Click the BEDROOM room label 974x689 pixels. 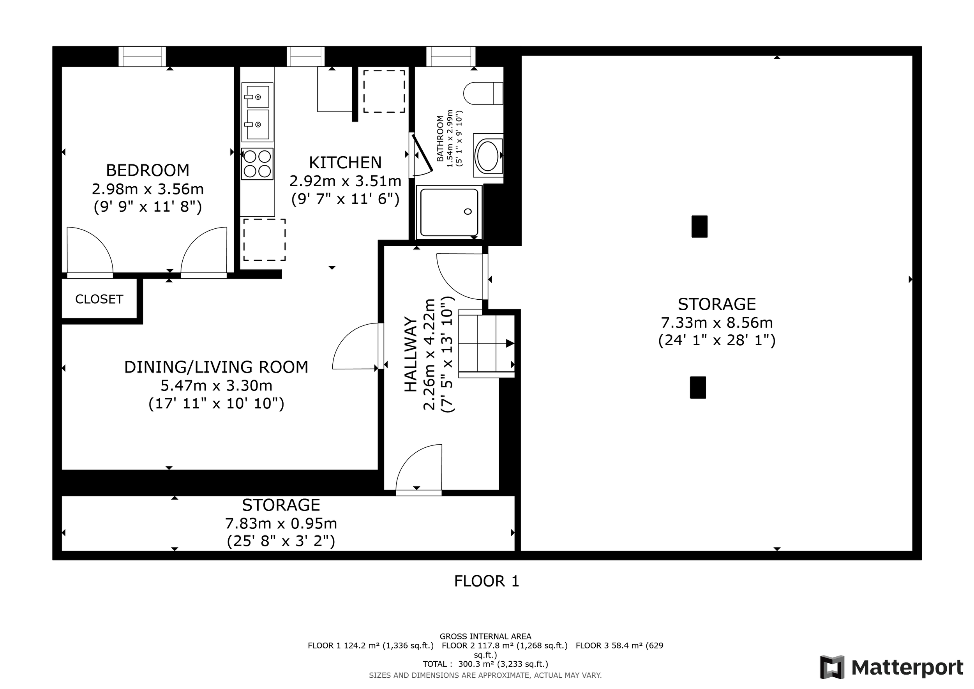pyautogui.click(x=148, y=170)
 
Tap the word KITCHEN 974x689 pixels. pyautogui.click(x=345, y=163)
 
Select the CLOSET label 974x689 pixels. pyautogui.click(x=99, y=299)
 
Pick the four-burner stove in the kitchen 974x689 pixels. pyautogui.click(x=257, y=164)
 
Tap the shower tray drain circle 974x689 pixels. pyautogui.click(x=468, y=212)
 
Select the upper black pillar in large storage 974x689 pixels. pyautogui.click(x=700, y=226)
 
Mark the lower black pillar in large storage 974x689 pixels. pyautogui.click(x=698, y=387)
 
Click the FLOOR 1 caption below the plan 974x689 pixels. pyautogui.click(x=487, y=581)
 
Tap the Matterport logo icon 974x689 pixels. pyautogui.click(x=832, y=667)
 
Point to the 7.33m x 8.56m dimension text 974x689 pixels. pyautogui.click(x=717, y=323)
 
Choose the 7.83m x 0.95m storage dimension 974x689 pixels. pyautogui.click(x=281, y=523)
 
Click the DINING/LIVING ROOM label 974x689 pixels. pyautogui.click(x=216, y=367)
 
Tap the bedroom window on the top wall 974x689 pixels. pyautogui.click(x=142, y=57)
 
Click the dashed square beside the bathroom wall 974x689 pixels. pyautogui.click(x=384, y=92)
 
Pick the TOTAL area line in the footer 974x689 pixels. pyautogui.click(x=485, y=664)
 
